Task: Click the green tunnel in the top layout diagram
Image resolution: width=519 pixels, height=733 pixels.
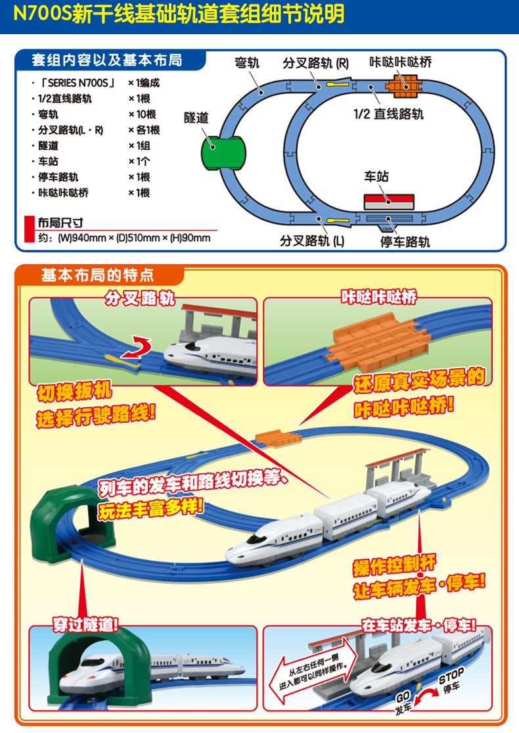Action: (x=223, y=153)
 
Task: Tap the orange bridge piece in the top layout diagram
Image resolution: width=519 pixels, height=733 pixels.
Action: (x=403, y=87)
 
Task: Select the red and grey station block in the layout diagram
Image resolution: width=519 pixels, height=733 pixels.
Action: (x=389, y=202)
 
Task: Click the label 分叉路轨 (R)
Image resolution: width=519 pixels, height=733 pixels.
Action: (x=315, y=63)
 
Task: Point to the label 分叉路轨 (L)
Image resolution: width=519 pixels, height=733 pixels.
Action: (x=312, y=241)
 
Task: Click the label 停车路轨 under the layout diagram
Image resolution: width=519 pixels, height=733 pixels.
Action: (x=405, y=242)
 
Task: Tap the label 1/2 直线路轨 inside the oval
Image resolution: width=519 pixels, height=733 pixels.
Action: (x=388, y=114)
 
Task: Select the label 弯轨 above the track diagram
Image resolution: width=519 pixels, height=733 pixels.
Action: (x=246, y=62)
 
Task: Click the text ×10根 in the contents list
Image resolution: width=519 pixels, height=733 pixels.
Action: (x=143, y=114)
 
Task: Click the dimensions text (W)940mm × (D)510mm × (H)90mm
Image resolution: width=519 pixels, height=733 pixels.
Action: (x=134, y=238)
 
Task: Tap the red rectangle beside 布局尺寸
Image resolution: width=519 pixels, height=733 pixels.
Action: (x=30, y=229)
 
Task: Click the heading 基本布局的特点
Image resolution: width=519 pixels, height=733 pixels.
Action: (x=98, y=275)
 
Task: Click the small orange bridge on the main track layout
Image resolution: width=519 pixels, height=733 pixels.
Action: (x=279, y=438)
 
